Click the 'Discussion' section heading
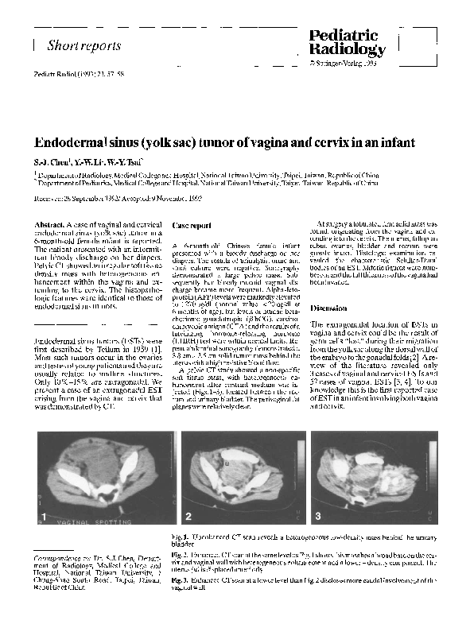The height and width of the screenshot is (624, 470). tap(329, 308)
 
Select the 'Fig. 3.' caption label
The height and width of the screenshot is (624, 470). tap(183, 579)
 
